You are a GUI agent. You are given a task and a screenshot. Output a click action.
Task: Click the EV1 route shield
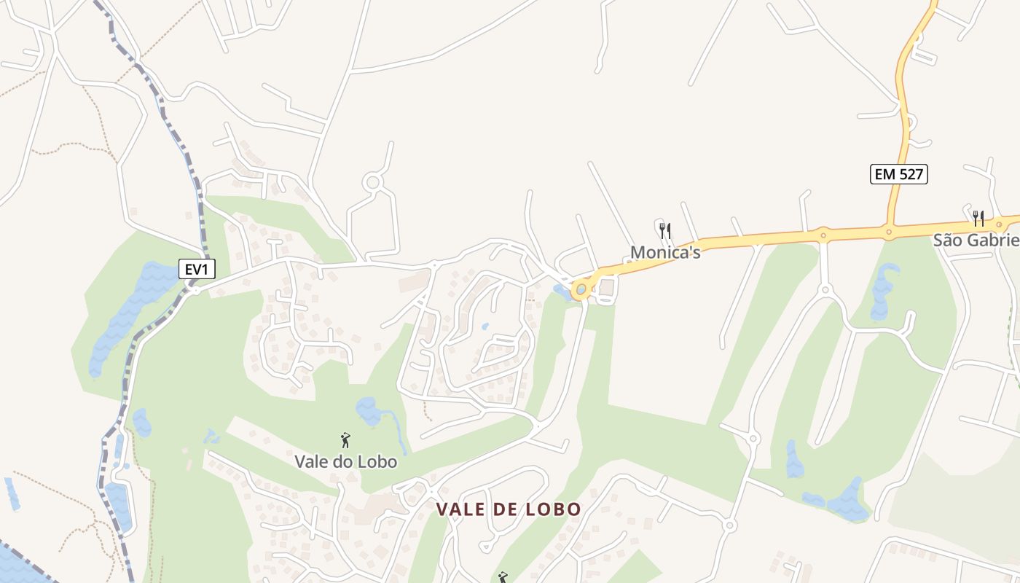click(197, 269)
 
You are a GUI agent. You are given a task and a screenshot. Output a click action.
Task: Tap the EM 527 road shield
click(898, 174)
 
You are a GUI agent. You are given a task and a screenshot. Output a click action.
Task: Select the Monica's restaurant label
click(665, 252)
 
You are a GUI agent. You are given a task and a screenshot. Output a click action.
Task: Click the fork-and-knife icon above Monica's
click(664, 232)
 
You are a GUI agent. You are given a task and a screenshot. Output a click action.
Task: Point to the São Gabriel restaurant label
click(976, 240)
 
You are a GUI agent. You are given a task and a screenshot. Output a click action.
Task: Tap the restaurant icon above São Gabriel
click(978, 218)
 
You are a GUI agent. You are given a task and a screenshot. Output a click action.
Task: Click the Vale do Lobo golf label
click(345, 461)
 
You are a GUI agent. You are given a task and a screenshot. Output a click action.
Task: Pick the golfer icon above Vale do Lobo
click(345, 440)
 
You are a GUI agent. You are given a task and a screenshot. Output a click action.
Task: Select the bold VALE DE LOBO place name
click(509, 509)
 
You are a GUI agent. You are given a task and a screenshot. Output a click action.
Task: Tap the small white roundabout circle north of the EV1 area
click(374, 181)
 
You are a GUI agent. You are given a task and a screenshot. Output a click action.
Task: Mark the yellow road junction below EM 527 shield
click(890, 232)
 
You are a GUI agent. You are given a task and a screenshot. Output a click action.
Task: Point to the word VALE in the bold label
click(457, 509)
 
